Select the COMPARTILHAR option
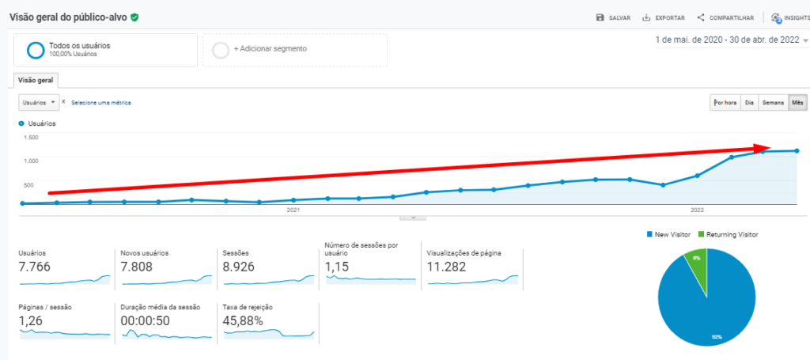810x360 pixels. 720,17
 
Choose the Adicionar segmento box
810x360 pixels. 294,49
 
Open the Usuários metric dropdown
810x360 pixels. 39,102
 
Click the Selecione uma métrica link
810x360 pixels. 101,103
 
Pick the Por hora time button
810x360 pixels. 725,102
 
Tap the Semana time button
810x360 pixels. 772,102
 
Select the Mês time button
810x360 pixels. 797,102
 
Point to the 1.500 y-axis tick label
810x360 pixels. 30,138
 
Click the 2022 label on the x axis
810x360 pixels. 697,210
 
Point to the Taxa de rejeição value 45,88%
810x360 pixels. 248,320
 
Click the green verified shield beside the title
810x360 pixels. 135,17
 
